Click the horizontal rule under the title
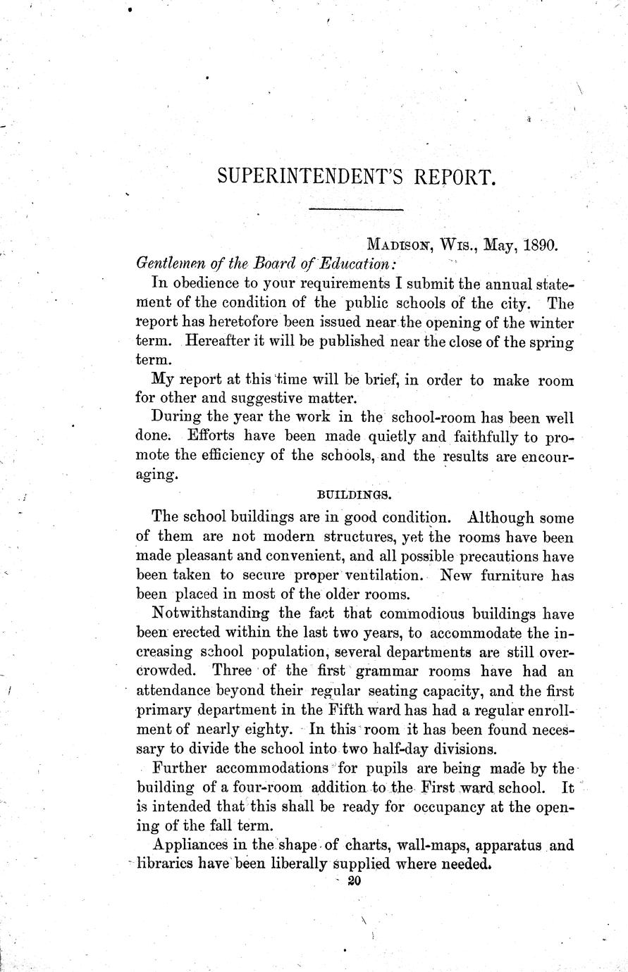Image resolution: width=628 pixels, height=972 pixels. [355, 209]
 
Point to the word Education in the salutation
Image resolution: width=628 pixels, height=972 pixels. [355, 263]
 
